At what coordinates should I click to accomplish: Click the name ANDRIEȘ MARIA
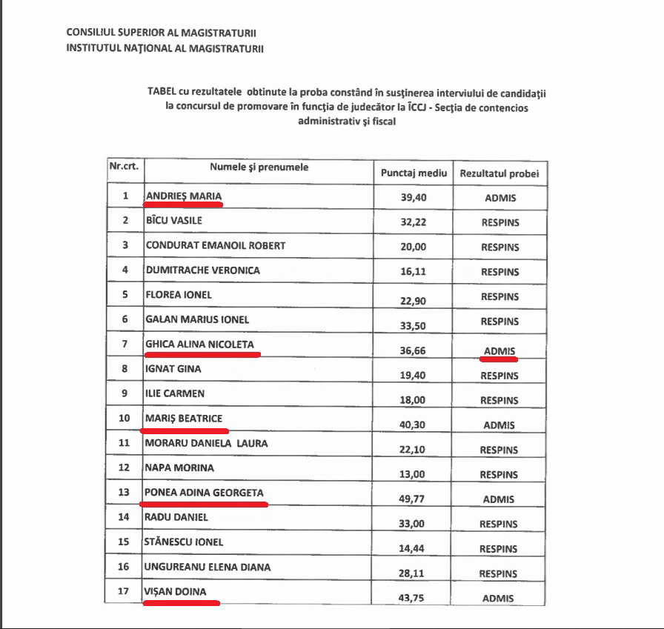[183, 196]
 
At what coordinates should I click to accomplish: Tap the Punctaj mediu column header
[414, 173]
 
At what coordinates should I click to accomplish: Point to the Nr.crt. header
[124, 167]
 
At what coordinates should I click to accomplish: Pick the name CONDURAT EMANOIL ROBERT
[216, 245]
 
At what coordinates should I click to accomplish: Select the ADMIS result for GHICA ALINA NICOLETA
[499, 350]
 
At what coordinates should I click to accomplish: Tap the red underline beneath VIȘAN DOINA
[181, 603]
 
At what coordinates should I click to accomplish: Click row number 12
[125, 468]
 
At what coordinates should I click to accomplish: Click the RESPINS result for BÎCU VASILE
[499, 222]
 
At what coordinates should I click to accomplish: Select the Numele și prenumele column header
[259, 167]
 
